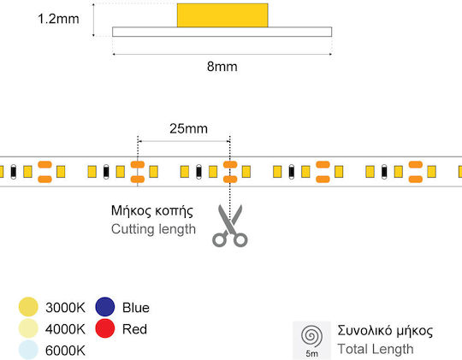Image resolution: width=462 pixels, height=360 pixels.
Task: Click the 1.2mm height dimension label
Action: [58, 19]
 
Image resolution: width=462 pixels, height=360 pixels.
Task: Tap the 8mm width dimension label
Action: [222, 67]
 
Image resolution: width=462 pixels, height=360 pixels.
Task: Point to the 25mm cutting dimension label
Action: [188, 129]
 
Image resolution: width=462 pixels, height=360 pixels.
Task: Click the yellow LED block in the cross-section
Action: [222, 15]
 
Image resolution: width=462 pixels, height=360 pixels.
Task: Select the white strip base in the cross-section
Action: [222, 32]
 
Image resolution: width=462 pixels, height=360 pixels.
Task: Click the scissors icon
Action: [230, 226]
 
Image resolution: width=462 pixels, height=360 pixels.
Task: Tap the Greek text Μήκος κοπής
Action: [152, 211]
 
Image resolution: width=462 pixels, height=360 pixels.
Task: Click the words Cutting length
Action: [153, 229]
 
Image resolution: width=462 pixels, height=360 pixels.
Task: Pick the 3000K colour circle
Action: [28, 307]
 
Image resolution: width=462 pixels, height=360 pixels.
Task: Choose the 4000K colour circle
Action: [28, 328]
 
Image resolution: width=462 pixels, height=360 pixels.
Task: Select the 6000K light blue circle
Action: [28, 350]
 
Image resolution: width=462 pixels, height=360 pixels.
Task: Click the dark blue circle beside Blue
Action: [105, 307]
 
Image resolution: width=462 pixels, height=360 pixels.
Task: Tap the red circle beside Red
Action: [105, 328]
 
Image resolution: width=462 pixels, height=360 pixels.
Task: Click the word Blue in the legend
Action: [136, 308]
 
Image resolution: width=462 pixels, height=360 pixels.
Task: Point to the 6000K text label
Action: [65, 351]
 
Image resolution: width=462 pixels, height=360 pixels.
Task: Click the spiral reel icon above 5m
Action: [311, 336]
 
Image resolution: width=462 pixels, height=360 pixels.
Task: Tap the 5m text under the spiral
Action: [311, 353]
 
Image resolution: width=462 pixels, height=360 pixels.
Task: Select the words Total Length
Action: [376, 350]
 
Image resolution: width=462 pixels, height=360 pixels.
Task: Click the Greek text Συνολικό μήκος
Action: [385, 331]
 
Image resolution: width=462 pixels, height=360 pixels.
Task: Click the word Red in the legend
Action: [134, 329]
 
